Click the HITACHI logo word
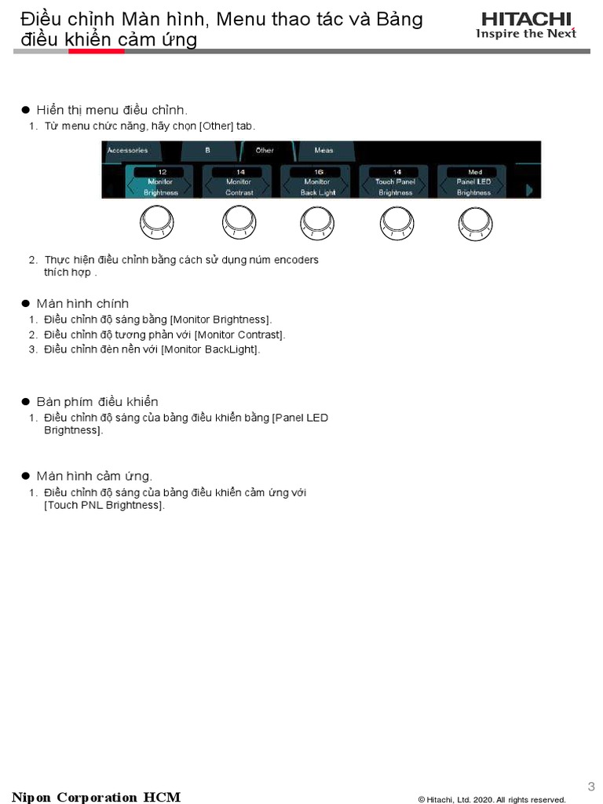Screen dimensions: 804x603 (x=527, y=19)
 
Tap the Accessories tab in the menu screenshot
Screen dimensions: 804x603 (x=127, y=150)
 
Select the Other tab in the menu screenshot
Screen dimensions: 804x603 (x=265, y=150)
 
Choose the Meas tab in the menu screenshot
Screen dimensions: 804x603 (x=323, y=150)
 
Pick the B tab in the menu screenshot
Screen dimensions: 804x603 (x=207, y=150)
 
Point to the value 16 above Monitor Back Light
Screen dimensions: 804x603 (x=318, y=171)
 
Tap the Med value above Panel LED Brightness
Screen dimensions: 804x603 (x=475, y=171)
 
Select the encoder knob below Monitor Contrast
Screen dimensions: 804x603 (x=238, y=224)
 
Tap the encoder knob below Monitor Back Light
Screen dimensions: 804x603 (x=317, y=224)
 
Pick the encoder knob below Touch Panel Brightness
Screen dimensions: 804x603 (x=396, y=224)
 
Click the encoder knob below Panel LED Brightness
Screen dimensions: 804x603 (x=475, y=224)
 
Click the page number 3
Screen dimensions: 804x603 (x=591, y=786)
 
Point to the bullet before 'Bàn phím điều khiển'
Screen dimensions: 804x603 (x=25, y=402)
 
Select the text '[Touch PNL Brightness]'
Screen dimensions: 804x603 (x=104, y=505)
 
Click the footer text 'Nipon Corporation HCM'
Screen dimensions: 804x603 (x=96, y=797)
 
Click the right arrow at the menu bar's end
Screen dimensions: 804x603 (x=529, y=189)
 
